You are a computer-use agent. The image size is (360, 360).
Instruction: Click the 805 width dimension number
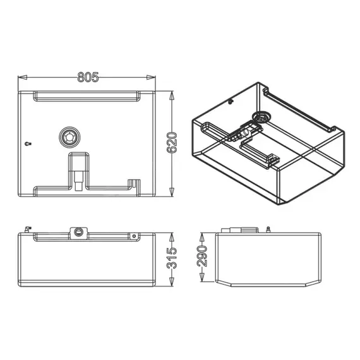[88, 77]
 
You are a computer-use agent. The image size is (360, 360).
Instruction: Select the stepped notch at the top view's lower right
[133, 183]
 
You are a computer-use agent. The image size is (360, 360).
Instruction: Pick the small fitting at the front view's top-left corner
[26, 229]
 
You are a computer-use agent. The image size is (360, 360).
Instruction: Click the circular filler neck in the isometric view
[260, 117]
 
